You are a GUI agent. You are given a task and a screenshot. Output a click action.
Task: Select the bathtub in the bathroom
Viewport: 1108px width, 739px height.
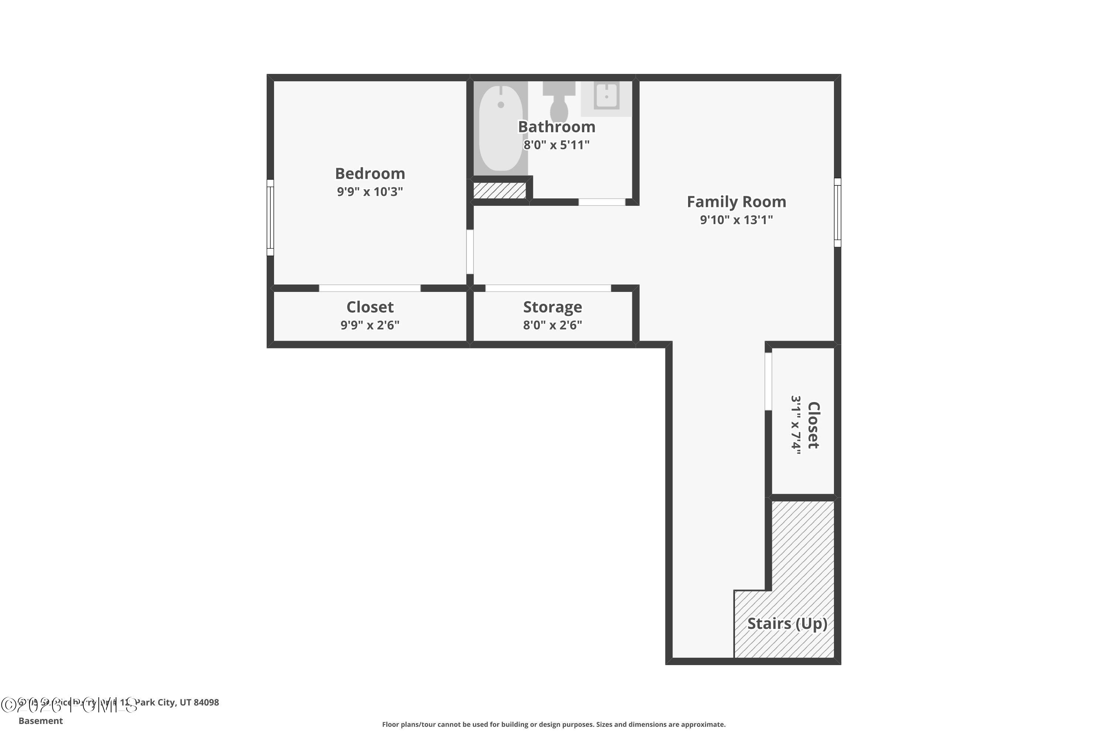tap(500, 128)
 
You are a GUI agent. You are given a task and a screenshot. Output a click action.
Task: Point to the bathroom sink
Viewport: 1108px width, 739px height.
tap(606, 96)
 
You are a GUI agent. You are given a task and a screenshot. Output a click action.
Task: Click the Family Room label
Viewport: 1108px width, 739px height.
tap(736, 202)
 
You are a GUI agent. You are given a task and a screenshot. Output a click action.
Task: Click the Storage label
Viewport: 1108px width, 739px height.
tap(553, 307)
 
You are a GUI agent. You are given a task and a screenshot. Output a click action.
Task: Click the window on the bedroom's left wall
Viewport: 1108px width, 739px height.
tap(270, 217)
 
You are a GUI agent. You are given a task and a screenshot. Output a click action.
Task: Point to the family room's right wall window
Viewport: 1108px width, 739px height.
tap(837, 212)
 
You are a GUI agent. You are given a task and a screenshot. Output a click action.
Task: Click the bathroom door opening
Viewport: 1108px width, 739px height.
tap(602, 202)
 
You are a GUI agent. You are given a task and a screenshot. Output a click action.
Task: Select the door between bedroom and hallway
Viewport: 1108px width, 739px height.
tap(470, 252)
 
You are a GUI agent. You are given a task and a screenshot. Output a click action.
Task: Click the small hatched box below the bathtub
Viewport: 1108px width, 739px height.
tap(499, 190)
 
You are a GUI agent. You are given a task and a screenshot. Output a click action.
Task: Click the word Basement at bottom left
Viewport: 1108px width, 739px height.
tap(41, 721)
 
